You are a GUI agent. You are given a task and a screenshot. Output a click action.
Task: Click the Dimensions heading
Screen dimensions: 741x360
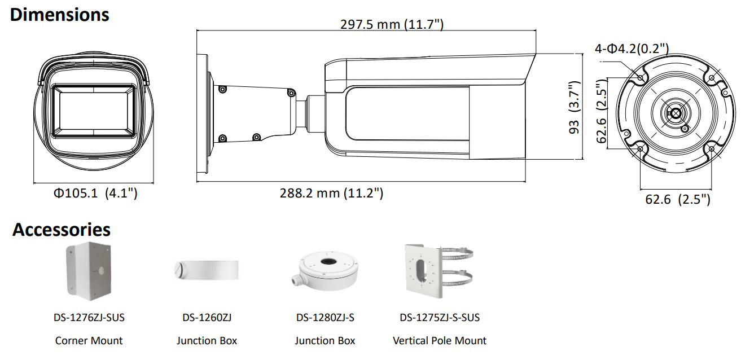tap(60, 15)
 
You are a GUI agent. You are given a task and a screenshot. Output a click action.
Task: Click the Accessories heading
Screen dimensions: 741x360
tap(62, 230)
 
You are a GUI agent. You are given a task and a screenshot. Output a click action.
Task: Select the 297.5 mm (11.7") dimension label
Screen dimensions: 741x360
tap(392, 24)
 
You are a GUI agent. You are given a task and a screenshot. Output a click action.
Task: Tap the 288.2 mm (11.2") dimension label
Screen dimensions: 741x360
tap(331, 193)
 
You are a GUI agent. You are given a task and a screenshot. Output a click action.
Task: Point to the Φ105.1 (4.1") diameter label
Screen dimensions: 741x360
tap(95, 193)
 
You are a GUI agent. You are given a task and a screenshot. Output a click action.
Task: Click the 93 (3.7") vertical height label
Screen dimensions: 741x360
tap(575, 107)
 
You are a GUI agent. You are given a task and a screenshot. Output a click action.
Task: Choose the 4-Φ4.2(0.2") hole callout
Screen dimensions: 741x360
tap(632, 49)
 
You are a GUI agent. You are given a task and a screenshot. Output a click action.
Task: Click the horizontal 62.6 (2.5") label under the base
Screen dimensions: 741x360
tap(678, 199)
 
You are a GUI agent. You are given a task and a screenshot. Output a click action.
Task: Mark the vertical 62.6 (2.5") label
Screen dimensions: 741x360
tap(602, 111)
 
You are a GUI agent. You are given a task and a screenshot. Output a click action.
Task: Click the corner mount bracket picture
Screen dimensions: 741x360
tap(89, 271)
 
